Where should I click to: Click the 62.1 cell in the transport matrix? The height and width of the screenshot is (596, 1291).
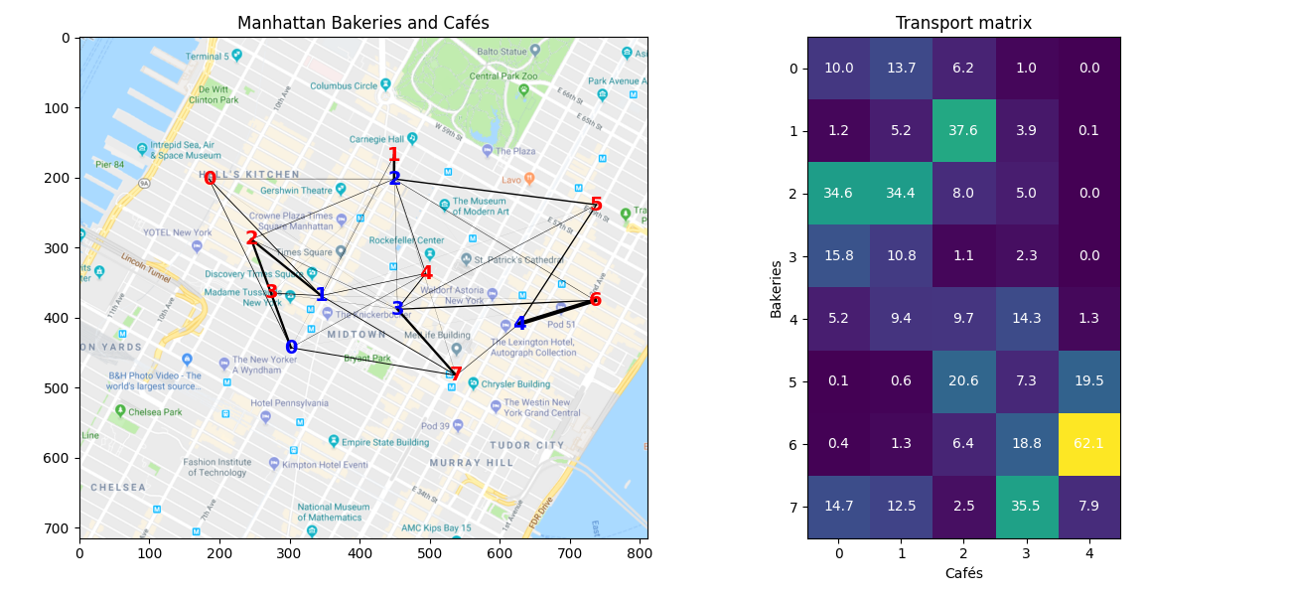(x=1088, y=444)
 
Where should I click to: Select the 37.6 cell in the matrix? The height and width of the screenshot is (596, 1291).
(x=963, y=131)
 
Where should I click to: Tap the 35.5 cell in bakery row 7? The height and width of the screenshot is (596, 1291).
(x=1026, y=507)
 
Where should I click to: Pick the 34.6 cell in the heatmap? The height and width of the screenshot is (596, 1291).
(x=838, y=194)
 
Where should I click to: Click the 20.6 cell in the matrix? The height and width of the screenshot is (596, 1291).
(x=963, y=381)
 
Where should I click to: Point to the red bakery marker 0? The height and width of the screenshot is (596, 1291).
(x=210, y=179)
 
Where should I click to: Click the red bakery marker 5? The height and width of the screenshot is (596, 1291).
(x=596, y=205)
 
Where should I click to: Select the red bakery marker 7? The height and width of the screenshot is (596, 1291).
(x=456, y=374)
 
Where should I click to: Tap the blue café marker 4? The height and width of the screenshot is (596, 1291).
(x=519, y=324)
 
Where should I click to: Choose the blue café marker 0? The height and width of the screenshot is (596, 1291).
(x=291, y=348)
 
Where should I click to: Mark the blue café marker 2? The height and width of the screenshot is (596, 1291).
(x=394, y=179)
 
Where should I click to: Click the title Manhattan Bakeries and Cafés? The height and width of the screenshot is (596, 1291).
(x=363, y=23)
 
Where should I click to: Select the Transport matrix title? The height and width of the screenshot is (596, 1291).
(x=963, y=23)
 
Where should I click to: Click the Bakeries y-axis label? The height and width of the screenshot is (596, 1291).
(x=777, y=288)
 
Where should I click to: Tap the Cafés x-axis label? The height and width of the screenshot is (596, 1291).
(x=963, y=573)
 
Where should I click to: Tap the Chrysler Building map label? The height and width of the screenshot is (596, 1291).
(x=516, y=383)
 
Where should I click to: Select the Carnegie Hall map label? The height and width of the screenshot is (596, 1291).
(x=375, y=139)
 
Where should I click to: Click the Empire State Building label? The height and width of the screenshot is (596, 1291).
(x=384, y=442)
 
